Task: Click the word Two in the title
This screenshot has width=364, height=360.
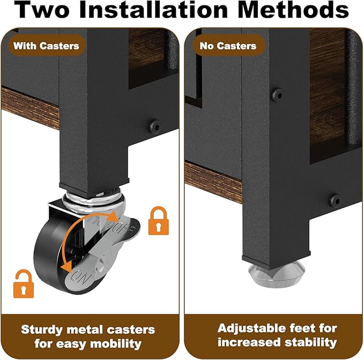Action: [42, 9]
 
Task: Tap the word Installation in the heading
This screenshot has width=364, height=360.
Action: [153, 9]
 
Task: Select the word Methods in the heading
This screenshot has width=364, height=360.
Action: [293, 9]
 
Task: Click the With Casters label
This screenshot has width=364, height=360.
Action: [46, 46]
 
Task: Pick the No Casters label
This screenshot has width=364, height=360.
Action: [228, 46]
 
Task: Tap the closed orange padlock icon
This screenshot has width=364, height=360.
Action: [159, 221]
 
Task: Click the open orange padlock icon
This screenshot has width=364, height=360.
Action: [24, 284]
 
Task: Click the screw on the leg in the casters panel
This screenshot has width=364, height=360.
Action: [154, 126]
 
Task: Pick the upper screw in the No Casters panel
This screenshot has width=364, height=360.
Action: [277, 94]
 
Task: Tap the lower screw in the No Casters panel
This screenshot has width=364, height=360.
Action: [335, 200]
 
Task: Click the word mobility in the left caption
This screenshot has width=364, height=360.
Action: [116, 344]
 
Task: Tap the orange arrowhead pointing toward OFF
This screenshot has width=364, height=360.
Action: [114, 216]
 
